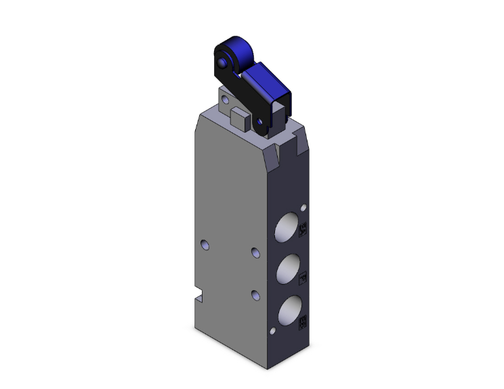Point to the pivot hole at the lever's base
pyautogui.click(x=259, y=121)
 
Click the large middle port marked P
pyautogui.click(x=285, y=269)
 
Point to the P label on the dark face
pyautogui.click(x=303, y=276)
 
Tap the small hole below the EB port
pyautogui.click(x=273, y=331)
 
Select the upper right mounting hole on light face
pyautogui.click(x=255, y=252)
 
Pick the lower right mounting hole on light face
pyautogui.click(x=255, y=295)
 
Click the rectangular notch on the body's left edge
pyautogui.click(x=198, y=296)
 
